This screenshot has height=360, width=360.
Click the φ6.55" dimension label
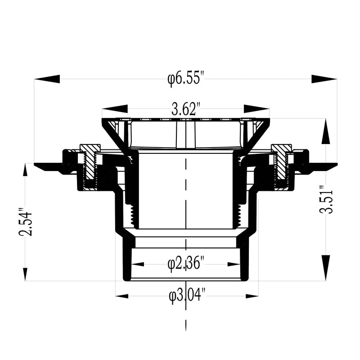[186, 79]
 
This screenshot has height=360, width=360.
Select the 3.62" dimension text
[186, 109]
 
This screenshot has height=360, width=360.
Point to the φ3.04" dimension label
[187, 296]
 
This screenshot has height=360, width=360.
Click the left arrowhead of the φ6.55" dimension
[47, 79]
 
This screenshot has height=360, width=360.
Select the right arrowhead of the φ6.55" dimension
[324, 79]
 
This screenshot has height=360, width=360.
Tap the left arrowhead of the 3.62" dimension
[114, 109]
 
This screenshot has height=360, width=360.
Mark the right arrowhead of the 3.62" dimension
[256, 109]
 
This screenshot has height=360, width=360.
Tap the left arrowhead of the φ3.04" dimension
[122, 296]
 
